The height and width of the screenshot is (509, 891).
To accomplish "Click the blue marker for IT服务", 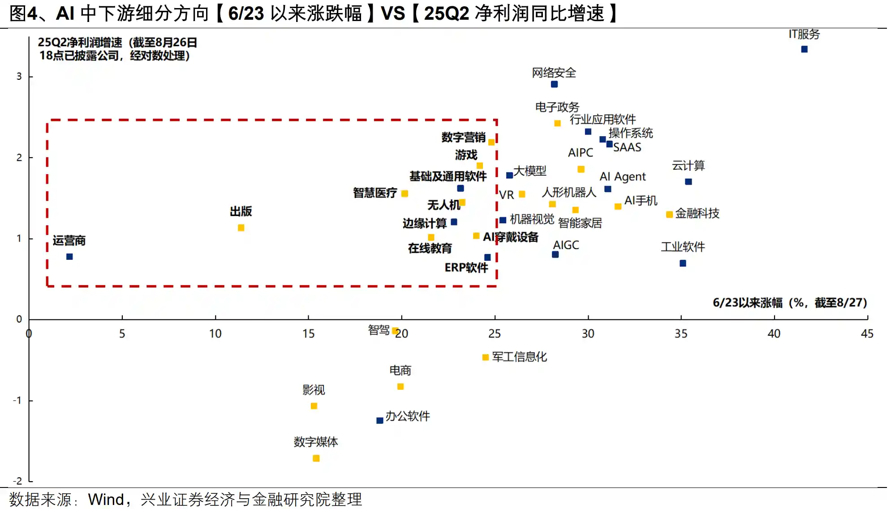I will click(804, 49).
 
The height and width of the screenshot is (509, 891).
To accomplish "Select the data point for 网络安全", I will click(554, 84).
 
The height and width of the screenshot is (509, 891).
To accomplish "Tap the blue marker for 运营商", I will click(69, 257).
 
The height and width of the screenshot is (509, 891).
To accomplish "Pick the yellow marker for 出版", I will click(241, 228).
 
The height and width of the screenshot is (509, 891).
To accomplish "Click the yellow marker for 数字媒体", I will click(316, 458).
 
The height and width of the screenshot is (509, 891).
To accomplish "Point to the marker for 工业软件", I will click(683, 263).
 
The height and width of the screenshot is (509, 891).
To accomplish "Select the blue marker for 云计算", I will click(689, 181).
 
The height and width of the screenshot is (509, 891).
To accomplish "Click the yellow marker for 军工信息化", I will click(485, 357).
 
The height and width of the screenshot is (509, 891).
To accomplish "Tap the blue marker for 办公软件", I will click(379, 420).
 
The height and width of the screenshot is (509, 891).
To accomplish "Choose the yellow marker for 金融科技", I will click(669, 215).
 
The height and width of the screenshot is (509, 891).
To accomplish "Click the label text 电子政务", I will click(557, 107).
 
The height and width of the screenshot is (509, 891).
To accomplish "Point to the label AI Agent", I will click(623, 177).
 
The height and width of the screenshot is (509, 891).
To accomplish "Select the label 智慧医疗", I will click(375, 193).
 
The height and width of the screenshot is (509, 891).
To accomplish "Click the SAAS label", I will click(627, 147).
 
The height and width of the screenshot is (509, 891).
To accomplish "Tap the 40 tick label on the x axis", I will click(774, 334).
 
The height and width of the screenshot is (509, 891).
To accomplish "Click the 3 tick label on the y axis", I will click(19, 77).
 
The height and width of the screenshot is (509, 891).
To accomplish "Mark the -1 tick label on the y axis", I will click(17, 400).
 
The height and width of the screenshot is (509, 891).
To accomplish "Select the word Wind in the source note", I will click(106, 499).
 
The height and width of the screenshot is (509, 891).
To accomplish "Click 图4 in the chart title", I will click(23, 13).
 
